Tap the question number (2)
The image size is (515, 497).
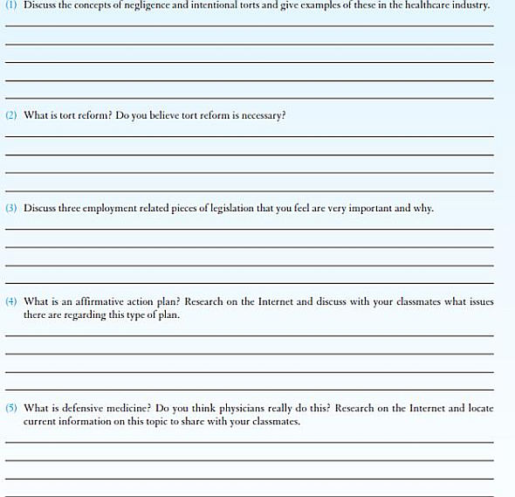(10, 115)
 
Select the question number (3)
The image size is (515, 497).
(10, 208)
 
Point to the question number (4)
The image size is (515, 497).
(10, 301)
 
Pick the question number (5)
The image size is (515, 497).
(10, 408)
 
